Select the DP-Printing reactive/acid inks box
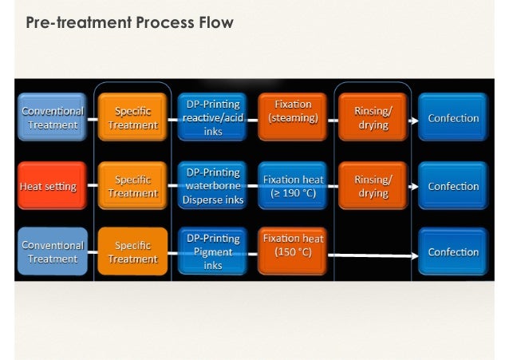[213, 118]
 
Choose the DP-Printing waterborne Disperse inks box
[213, 186]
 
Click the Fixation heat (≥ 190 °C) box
[292, 186]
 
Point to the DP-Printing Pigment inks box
[213, 251]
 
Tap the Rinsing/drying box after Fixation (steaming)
[373, 117]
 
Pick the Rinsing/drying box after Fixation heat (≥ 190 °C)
[373, 186]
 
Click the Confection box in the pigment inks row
[453, 251]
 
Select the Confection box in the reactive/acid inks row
[453, 118]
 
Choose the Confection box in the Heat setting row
[453, 186]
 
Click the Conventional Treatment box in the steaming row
[51, 118]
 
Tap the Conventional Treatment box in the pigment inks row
[51, 251]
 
